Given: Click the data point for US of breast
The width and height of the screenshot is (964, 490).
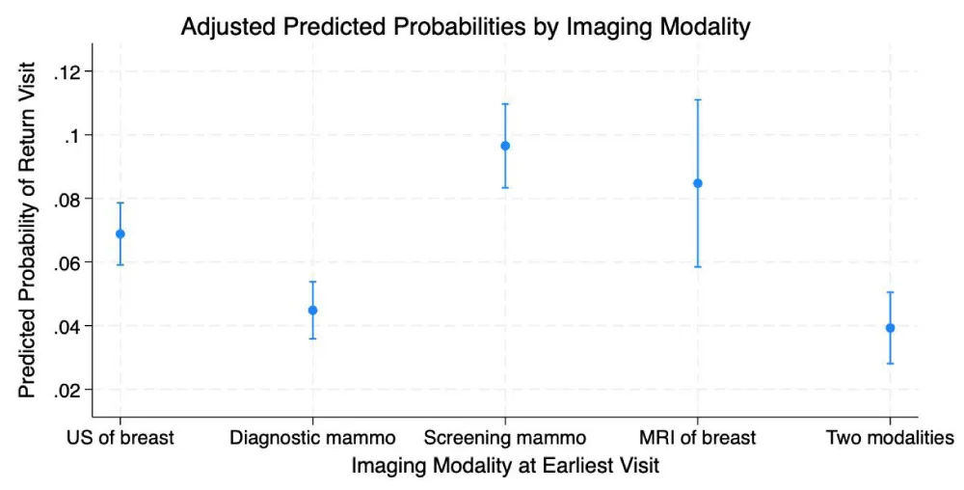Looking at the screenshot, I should (x=120, y=233).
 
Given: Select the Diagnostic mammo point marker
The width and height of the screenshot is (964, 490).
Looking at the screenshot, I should (x=312, y=311).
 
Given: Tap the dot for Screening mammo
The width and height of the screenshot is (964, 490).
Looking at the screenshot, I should (x=505, y=146).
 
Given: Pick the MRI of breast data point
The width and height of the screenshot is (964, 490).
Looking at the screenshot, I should (x=698, y=183).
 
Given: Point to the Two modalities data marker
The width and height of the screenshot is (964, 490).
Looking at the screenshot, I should (x=891, y=328).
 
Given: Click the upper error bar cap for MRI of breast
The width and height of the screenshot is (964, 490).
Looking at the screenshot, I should (x=698, y=99).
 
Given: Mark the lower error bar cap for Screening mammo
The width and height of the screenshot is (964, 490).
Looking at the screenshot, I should (x=505, y=187).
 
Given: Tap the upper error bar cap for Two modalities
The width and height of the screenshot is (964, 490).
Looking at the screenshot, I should (x=891, y=292).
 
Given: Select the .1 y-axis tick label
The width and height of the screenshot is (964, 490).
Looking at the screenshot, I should (x=72, y=135).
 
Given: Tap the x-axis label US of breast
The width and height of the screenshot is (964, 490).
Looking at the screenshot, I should (x=120, y=438).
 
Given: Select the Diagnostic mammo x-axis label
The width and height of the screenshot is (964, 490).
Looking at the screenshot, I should (x=312, y=438).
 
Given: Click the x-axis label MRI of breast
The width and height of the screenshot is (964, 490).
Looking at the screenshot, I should (x=698, y=438).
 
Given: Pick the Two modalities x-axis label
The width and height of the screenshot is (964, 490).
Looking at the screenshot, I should (x=890, y=438).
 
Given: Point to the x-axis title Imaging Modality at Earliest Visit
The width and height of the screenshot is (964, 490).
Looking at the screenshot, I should (x=505, y=466).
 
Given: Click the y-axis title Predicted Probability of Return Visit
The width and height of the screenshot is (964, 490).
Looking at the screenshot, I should (x=28, y=230).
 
